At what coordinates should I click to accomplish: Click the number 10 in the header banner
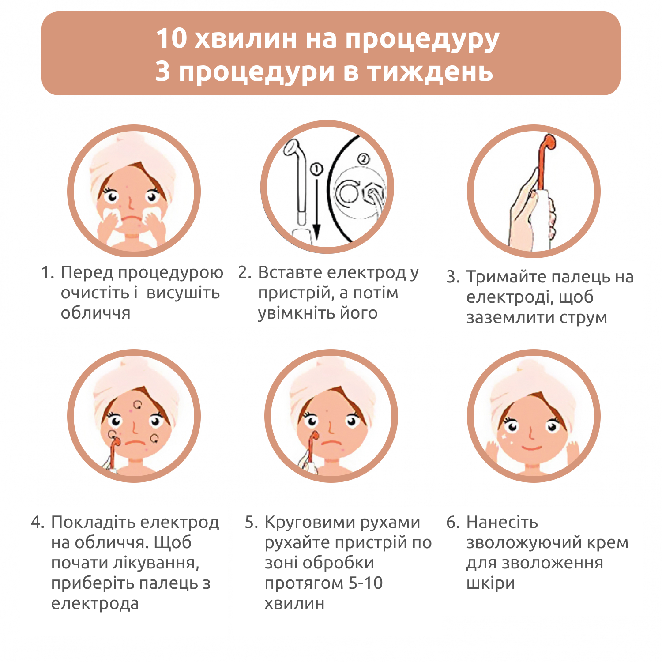[172, 38]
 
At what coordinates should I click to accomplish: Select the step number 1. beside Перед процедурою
[48, 273]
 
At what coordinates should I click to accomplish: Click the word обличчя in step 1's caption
[96, 313]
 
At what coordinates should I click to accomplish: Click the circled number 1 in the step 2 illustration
[316, 169]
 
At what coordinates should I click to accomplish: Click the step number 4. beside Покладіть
[38, 523]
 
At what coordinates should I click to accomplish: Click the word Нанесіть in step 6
[502, 523]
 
